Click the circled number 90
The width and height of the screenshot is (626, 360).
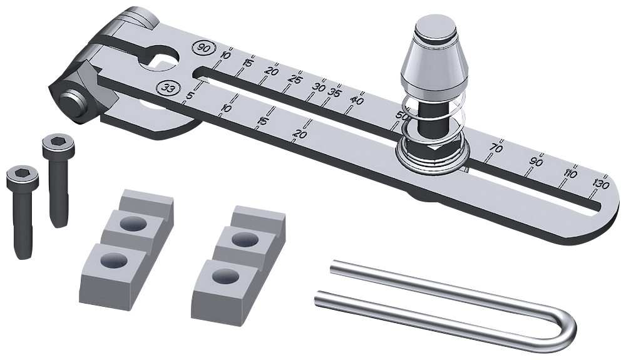click(203, 48)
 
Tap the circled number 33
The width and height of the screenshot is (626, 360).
click(168, 88)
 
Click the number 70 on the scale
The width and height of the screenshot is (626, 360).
click(496, 148)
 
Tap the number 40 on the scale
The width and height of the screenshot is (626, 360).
click(357, 100)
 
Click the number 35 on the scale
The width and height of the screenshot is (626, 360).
click(335, 93)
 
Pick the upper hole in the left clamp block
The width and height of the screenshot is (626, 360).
click(132, 224)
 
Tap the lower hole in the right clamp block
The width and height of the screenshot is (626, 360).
click(218, 275)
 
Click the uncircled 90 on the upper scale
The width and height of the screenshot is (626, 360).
click(536, 161)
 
